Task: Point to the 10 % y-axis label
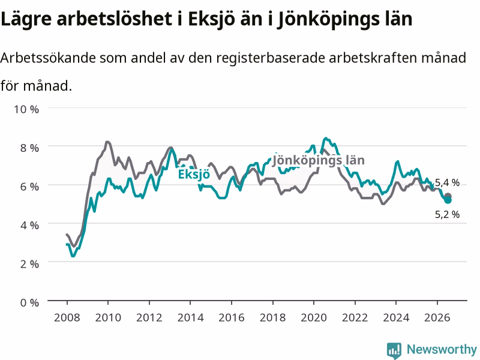pyautogui.click(x=26, y=109)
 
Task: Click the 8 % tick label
pyautogui.click(x=29, y=148)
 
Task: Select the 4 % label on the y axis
pyautogui.click(x=29, y=226)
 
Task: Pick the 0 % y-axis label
pyautogui.click(x=29, y=302)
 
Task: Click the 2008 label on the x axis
pyautogui.click(x=67, y=317)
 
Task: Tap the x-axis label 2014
pyautogui.click(x=190, y=317)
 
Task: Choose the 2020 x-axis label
pyautogui.click(x=314, y=317)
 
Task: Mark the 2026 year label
pyautogui.click(x=437, y=317)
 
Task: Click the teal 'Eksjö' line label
pyautogui.click(x=194, y=175)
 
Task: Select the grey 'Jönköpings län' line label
pyautogui.click(x=319, y=160)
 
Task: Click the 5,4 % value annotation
pyautogui.click(x=447, y=182)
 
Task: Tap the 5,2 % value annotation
pyautogui.click(x=447, y=214)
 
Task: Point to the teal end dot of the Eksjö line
pyautogui.click(x=448, y=200)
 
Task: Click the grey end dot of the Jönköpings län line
pyautogui.click(x=448, y=196)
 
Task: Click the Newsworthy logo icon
pyautogui.click(x=394, y=350)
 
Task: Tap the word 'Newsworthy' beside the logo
pyautogui.click(x=442, y=349)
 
